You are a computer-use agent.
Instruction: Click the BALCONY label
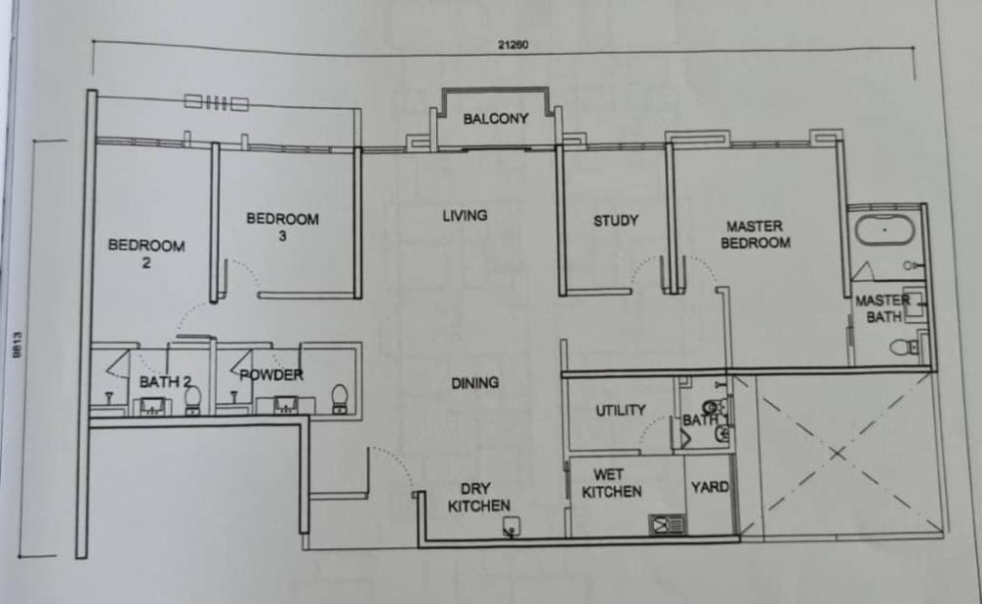[495, 119]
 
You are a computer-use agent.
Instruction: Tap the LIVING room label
[464, 215]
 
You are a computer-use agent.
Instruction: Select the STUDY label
[616, 221]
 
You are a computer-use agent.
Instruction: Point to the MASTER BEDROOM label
[755, 235]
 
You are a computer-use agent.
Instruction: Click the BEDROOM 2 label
[146, 253]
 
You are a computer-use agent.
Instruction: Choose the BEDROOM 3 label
[283, 227]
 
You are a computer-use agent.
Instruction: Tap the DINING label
[475, 383]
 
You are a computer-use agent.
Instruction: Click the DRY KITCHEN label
[479, 498]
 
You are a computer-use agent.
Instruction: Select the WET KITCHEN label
[611, 483]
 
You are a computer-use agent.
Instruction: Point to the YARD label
[710, 487]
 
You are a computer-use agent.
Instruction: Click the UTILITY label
[620, 411]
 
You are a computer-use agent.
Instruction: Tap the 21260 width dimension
[513, 44]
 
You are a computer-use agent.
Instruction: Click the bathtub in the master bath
[885, 231]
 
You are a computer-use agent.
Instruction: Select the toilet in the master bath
[904, 347]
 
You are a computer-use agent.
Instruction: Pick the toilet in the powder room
[340, 399]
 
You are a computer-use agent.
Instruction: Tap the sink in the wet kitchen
[667, 523]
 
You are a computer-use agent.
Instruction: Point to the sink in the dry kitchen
[512, 527]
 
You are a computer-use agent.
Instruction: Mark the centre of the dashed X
[838, 453]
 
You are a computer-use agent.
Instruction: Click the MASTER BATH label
[883, 309]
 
